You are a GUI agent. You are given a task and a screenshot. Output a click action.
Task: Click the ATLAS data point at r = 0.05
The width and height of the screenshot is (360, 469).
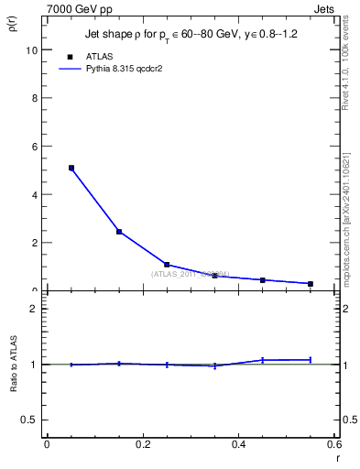[71, 168]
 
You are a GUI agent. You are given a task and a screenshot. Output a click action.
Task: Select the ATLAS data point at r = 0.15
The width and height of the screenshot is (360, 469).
[119, 232]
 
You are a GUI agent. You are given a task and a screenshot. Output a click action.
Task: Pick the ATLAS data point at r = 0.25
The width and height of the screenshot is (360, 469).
[167, 265]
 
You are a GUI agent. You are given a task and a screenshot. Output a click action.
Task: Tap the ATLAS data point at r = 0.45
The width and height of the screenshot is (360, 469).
[263, 280]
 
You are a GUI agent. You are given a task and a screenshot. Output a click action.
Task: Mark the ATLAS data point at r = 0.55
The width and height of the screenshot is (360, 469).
[311, 284]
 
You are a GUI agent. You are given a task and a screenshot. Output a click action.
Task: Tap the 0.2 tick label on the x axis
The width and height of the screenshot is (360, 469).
[143, 444]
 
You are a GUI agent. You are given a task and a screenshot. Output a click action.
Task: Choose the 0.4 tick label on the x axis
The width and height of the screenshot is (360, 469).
[239, 444]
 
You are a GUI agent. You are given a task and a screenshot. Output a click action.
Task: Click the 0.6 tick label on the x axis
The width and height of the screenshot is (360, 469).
[334, 444]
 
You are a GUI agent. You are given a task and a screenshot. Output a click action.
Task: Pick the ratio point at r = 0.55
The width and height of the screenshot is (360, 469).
[311, 359]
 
